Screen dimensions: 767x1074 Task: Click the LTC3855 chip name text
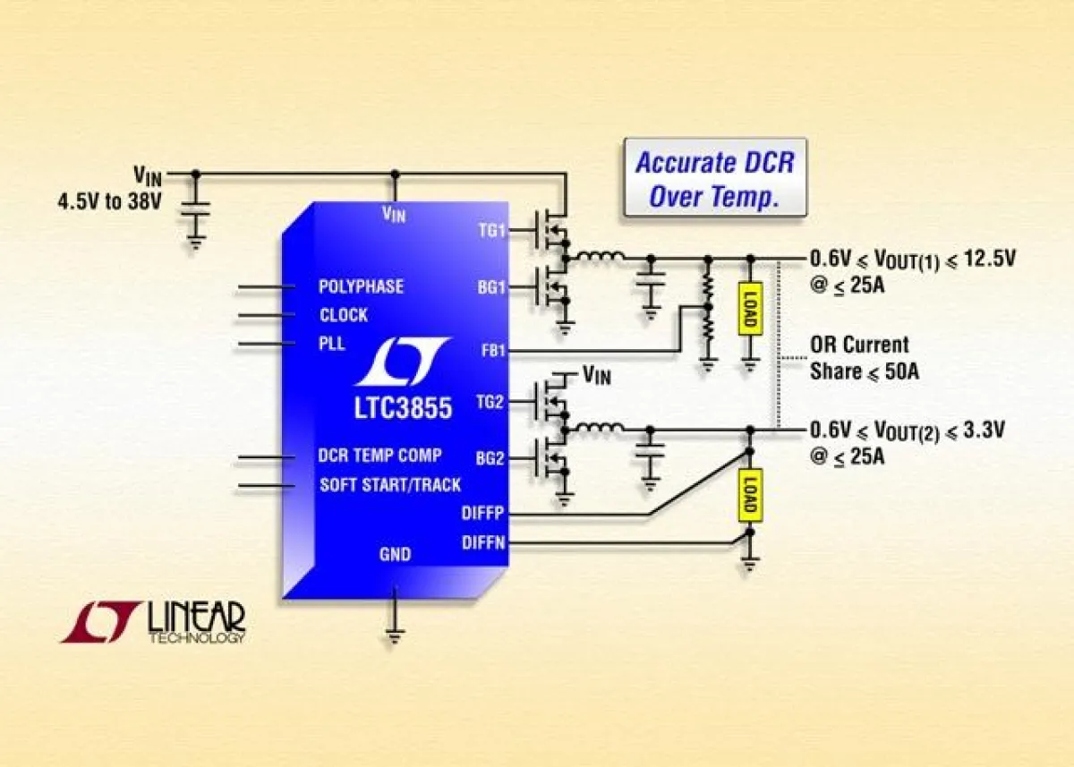point(402,409)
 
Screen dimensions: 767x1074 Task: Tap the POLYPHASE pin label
point(361,286)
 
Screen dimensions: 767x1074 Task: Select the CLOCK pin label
point(344,315)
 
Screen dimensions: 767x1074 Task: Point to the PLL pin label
point(332,344)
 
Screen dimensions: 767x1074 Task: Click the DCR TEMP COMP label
point(379,455)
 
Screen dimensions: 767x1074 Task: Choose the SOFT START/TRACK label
point(390,485)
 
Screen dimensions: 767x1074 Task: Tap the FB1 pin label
point(492,351)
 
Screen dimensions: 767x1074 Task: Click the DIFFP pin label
point(483,514)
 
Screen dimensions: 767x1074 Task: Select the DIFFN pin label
point(483,542)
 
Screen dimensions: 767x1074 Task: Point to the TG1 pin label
point(491,230)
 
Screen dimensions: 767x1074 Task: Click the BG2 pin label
point(491,459)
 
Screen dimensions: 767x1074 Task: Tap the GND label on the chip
point(395,555)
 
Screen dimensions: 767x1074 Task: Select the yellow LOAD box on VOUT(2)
point(750,495)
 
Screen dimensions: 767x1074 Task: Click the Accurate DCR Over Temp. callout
point(714,177)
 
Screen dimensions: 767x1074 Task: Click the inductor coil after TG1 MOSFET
point(601,259)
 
